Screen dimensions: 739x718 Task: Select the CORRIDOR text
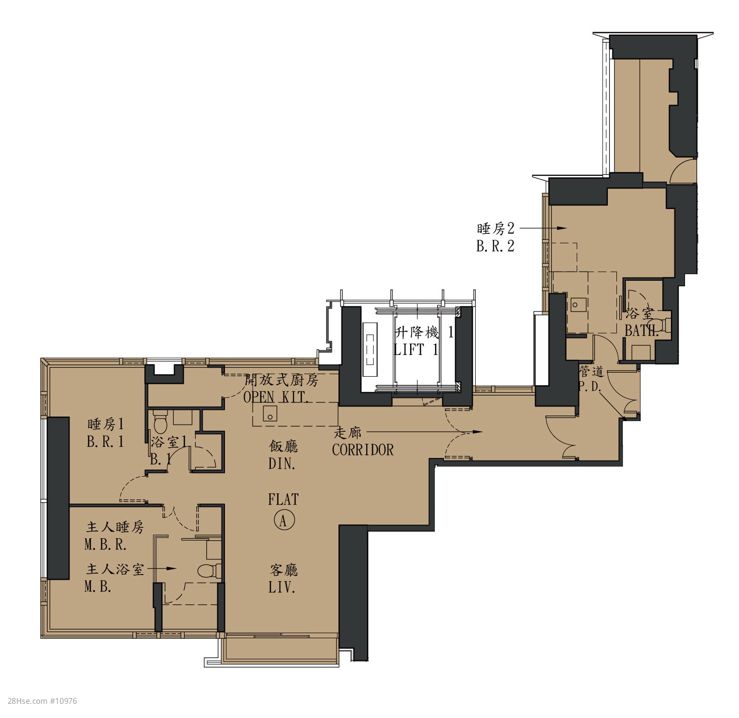click(363, 450)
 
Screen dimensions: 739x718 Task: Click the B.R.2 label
click(495, 246)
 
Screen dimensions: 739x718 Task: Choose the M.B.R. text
click(105, 545)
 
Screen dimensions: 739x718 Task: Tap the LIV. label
click(282, 587)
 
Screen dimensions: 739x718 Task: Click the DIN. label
click(282, 464)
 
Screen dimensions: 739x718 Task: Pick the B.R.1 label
click(105, 441)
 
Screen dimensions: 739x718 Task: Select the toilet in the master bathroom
click(209, 571)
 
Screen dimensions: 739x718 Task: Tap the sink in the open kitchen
click(269, 413)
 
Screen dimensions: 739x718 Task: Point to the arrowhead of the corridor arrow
click(477, 432)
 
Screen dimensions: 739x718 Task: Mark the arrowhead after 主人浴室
click(172, 569)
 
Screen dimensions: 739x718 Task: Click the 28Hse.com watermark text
click(42, 701)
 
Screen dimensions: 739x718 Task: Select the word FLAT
click(283, 499)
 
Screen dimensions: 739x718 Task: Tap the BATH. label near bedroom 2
click(642, 331)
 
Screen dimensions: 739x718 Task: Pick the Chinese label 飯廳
click(283, 446)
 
